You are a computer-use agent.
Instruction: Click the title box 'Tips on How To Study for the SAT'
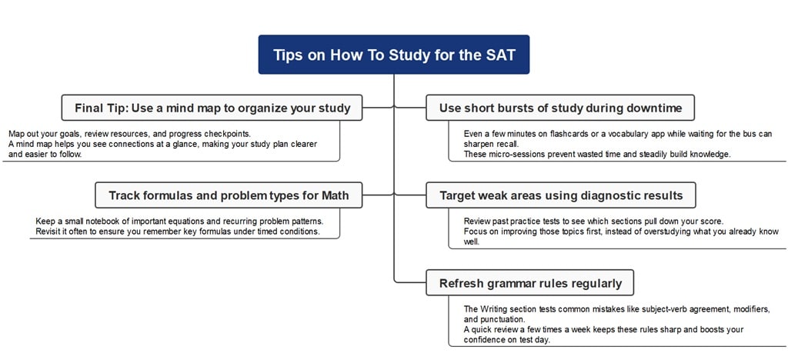393,55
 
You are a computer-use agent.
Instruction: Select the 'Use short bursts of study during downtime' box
560,108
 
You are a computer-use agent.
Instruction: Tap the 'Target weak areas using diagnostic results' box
560,195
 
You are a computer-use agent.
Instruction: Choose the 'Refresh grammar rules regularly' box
530,283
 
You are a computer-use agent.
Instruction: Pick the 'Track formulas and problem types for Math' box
229,195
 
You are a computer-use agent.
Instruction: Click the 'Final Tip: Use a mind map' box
212,108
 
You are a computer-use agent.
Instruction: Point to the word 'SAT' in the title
499,55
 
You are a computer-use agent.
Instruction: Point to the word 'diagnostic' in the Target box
596,195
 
